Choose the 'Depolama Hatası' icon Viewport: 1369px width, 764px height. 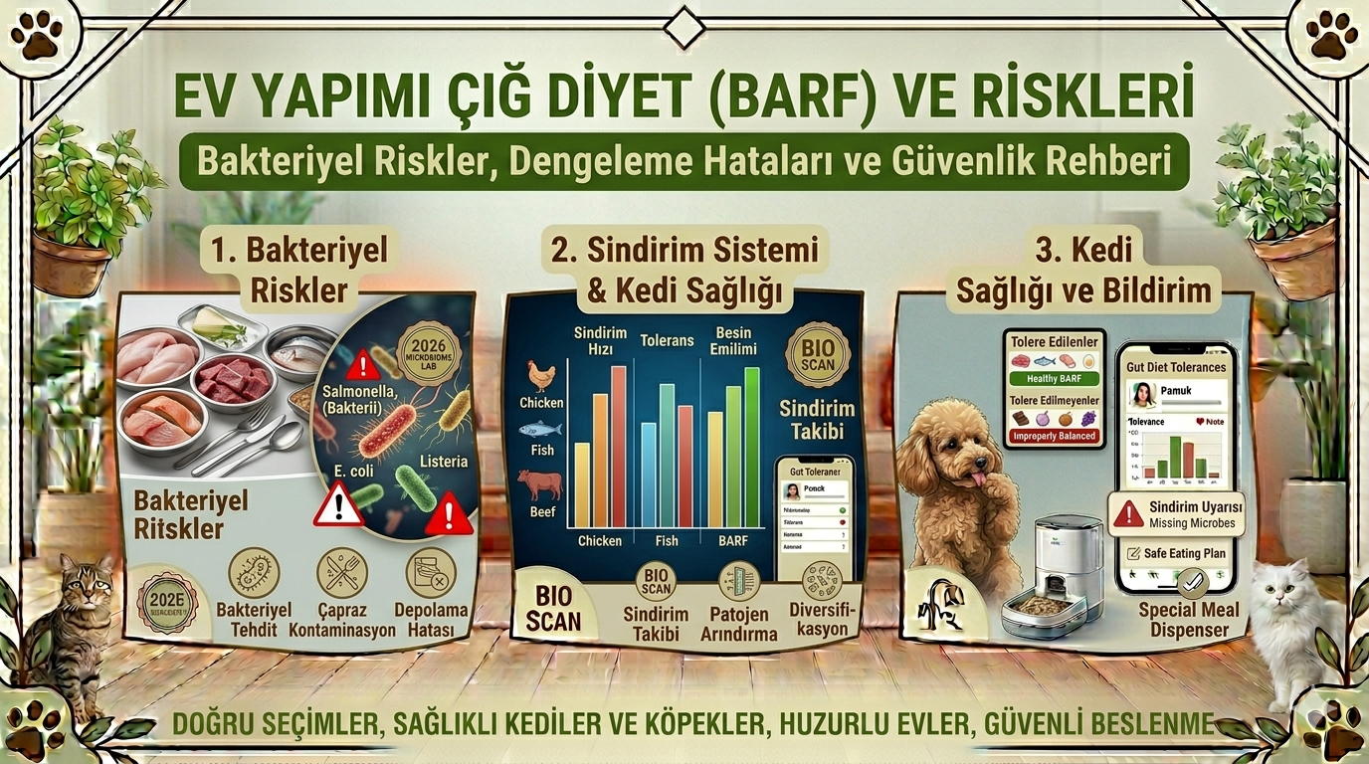[x=431, y=573]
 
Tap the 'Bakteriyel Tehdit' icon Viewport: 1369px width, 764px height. [x=254, y=573]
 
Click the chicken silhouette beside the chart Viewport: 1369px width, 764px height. [x=540, y=376]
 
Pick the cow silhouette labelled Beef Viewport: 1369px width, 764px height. [x=540, y=485]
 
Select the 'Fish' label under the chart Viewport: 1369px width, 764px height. [x=667, y=540]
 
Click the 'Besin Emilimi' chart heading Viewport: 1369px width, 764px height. [x=733, y=340]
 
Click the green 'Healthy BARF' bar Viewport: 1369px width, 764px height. [x=1054, y=379]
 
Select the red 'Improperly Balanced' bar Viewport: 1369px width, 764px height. [x=1054, y=436]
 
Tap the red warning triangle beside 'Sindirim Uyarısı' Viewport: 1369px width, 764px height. [x=1128, y=513]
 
